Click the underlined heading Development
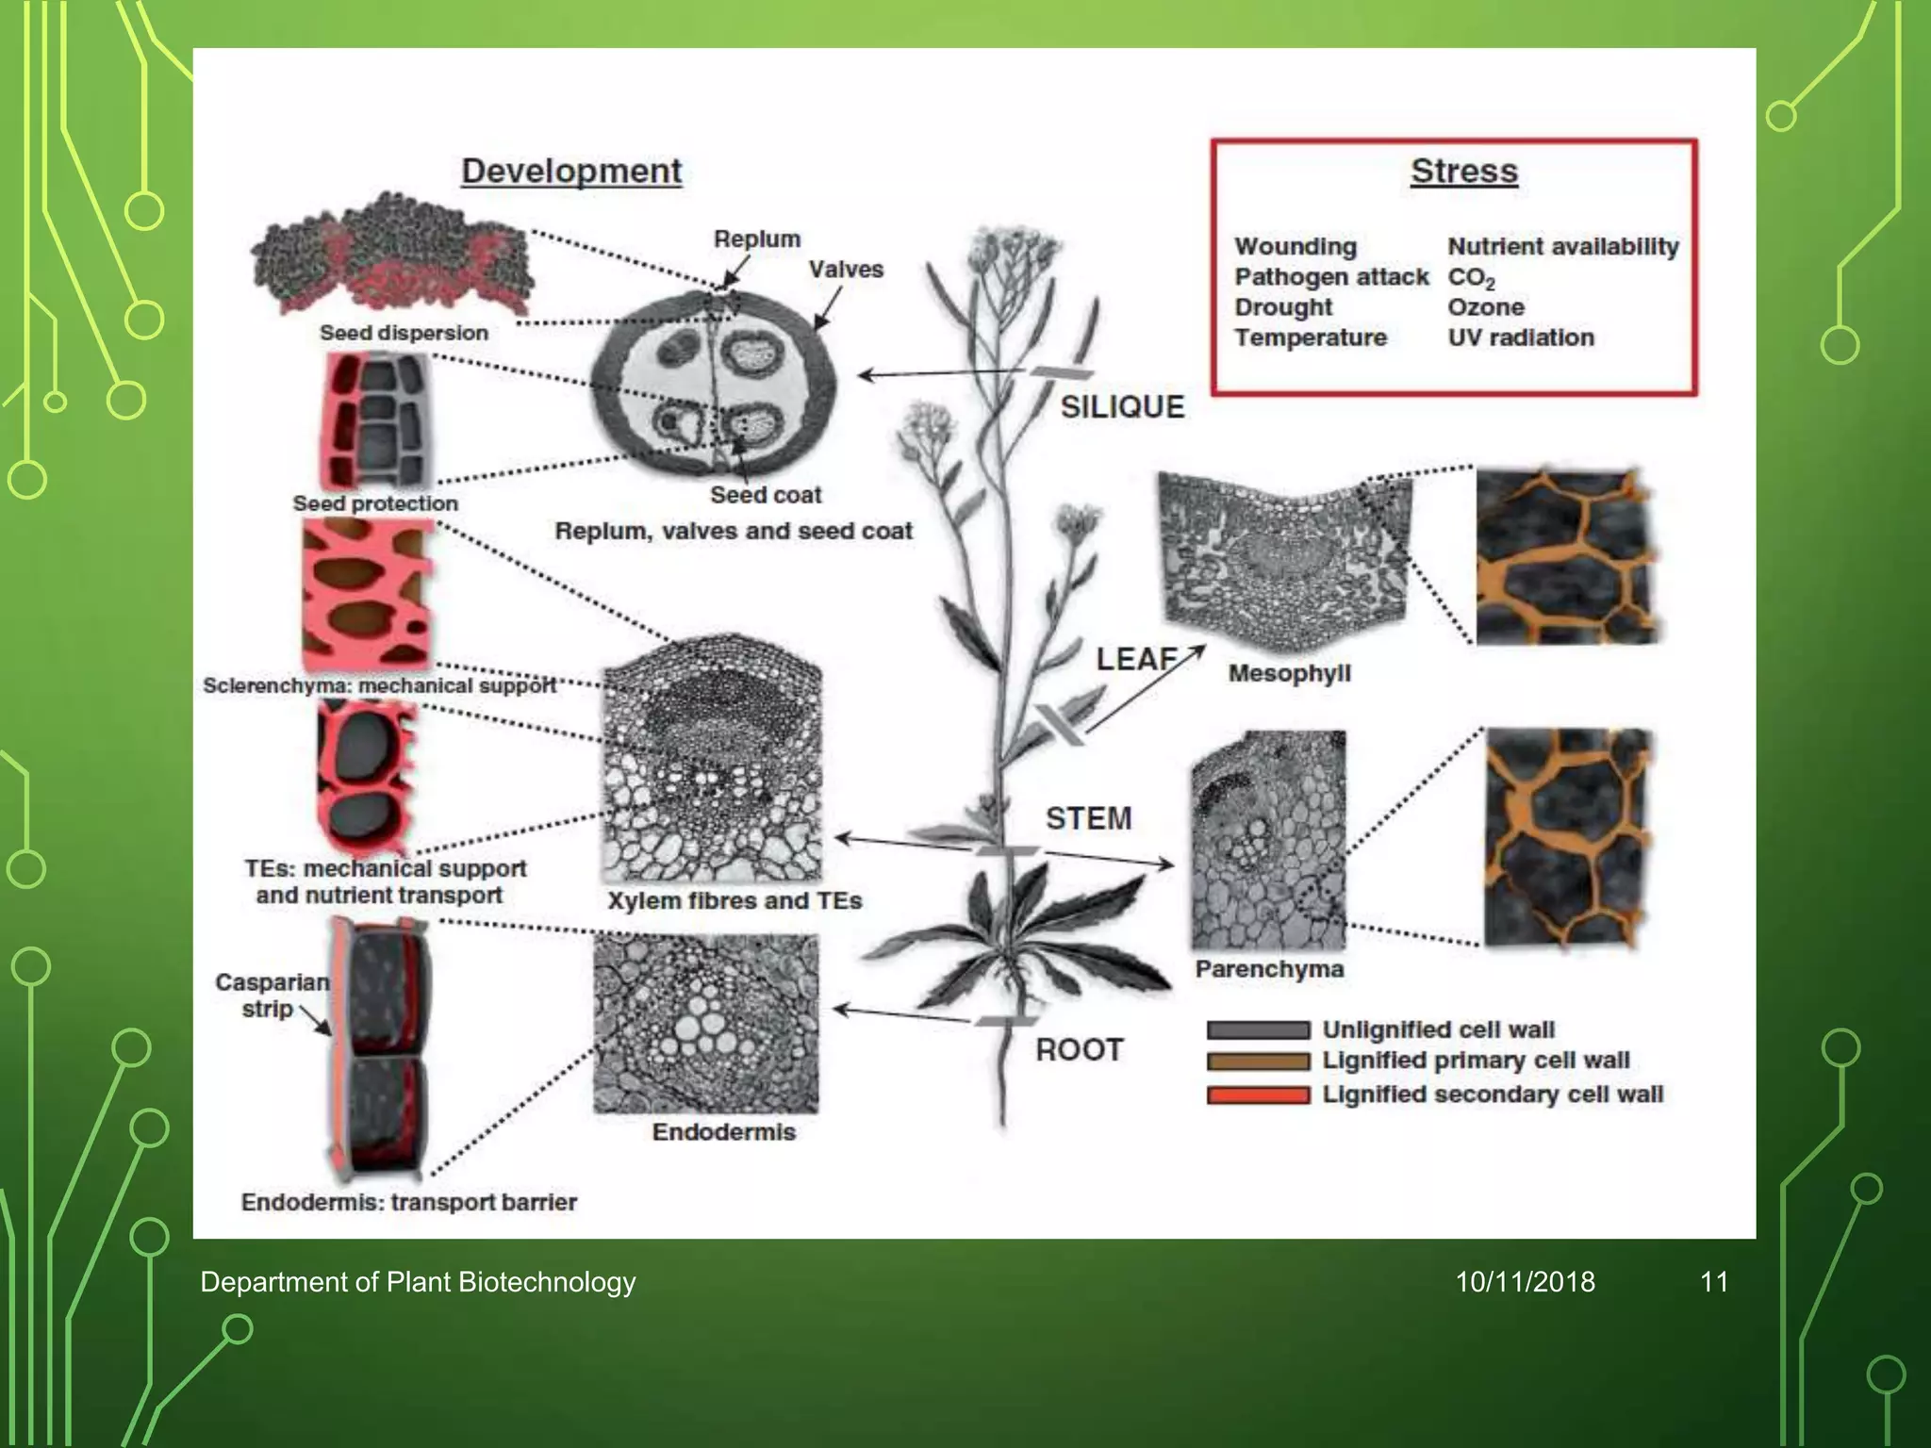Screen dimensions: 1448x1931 coord(571,172)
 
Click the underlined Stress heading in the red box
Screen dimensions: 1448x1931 coord(1464,172)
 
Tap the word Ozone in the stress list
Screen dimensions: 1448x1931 coord(1486,307)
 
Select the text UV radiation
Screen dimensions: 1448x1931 coord(1521,337)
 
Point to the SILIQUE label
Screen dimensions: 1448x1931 coord(1122,407)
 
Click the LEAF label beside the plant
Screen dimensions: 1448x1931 coord(1136,659)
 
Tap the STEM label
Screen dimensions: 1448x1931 coord(1088,818)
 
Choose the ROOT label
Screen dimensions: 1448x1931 coord(1080,1050)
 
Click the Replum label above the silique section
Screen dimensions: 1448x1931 coord(757,239)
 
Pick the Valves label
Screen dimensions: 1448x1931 coord(846,270)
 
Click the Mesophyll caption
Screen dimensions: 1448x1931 coord(1289,673)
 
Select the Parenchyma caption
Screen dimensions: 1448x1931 coord(1269,969)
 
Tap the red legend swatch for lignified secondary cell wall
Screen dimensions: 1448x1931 coord(1258,1094)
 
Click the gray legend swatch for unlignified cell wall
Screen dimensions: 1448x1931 coord(1258,1030)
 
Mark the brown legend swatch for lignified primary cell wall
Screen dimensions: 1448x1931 coord(1258,1061)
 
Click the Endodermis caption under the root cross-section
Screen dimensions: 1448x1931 coord(723,1132)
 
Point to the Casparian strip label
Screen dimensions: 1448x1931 coord(272,995)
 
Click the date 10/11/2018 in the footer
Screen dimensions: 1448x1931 coord(1525,1282)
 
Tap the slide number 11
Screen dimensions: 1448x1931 coord(1713,1282)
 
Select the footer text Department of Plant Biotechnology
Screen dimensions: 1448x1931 coord(418,1282)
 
